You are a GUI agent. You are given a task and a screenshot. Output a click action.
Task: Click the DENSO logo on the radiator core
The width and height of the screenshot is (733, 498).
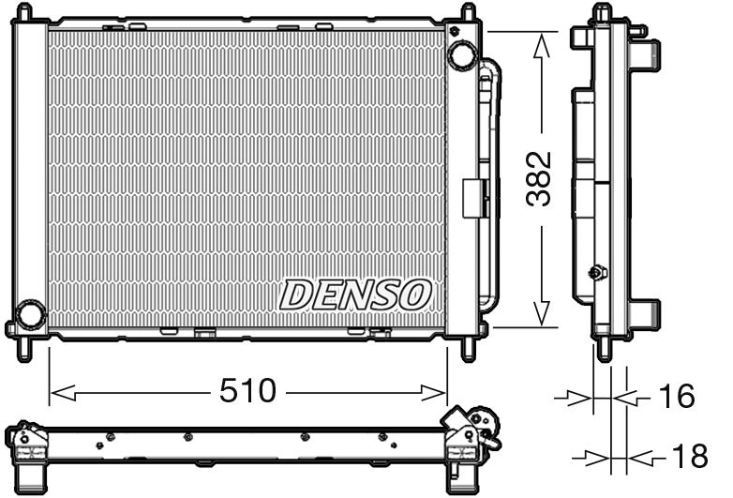[x=355, y=294]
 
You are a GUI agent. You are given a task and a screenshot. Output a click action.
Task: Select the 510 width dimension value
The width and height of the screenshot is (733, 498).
[x=248, y=391]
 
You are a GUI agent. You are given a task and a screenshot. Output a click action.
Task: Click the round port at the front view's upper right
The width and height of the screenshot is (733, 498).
[x=461, y=54]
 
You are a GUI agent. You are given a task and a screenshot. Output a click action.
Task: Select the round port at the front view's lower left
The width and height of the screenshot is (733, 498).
[x=31, y=314]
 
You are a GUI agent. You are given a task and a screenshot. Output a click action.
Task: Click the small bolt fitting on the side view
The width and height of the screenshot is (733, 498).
[x=594, y=273]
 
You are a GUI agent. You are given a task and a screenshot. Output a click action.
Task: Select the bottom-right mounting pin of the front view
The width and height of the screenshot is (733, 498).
[x=468, y=348]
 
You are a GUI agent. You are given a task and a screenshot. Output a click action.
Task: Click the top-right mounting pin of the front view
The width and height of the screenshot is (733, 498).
[x=468, y=13]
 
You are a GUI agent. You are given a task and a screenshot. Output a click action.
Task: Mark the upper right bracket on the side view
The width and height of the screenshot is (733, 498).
[x=646, y=52]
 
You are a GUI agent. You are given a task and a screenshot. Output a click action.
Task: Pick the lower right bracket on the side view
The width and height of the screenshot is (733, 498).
[x=646, y=310]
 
